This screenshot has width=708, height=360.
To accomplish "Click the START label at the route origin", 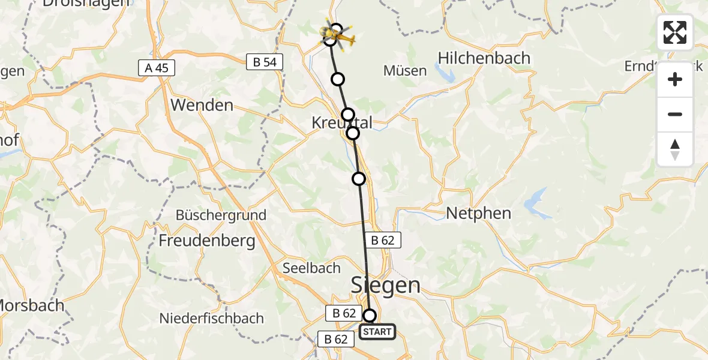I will (377, 332).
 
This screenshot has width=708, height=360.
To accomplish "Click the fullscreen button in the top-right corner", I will (675, 32).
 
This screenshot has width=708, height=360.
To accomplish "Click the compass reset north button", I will (675, 149).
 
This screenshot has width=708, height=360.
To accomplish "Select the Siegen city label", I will (385, 285).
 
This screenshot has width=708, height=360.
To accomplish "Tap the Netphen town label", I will (478, 213).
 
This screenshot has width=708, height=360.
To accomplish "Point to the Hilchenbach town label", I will (484, 58).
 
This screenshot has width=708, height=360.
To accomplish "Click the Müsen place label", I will (405, 71).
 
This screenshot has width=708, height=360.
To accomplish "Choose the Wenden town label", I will (202, 106).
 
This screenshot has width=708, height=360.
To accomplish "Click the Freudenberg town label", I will (207, 241).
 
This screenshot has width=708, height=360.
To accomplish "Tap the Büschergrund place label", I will (221, 215).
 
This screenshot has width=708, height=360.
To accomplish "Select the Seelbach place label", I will (312, 268).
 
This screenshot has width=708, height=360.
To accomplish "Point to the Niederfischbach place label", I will (212, 318).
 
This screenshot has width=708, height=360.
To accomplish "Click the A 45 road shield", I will (156, 68).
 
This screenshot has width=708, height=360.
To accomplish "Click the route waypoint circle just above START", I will (370, 316).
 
